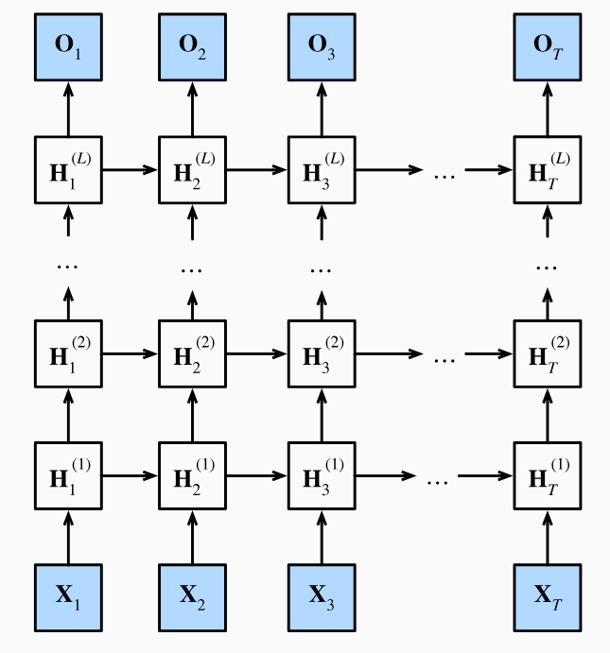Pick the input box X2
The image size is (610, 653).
coord(193,596)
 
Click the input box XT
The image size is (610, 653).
coord(547,596)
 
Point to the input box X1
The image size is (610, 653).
coord(67,596)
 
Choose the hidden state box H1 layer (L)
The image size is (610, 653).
coord(67,170)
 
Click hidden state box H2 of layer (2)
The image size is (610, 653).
coord(193,354)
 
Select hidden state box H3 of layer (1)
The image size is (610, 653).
coord(321,474)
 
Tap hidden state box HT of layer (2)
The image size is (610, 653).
coord(547,354)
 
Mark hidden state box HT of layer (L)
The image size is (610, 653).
coord(547,170)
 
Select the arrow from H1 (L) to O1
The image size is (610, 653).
coord(67,110)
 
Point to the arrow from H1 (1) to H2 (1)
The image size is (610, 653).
coord(130,474)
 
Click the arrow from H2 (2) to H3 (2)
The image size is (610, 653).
coord(256,354)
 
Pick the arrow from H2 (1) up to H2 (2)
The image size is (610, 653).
coord(193,415)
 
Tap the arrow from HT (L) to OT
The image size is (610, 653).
coord(547,110)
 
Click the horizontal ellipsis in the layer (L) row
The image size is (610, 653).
coord(444,172)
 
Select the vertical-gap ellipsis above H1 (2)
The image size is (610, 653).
coord(67,266)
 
